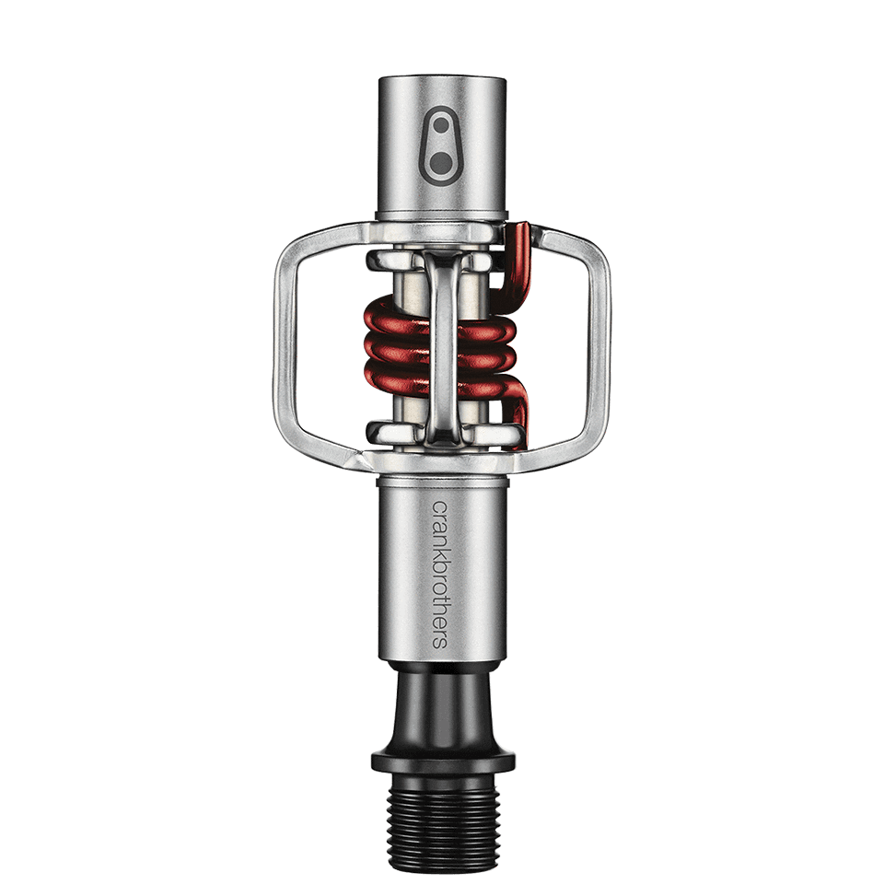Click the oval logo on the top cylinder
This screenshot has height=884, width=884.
(442, 146)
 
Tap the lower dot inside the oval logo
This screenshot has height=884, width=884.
(442, 163)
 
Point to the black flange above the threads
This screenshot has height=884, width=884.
(441, 761)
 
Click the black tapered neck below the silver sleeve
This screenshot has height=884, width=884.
(441, 709)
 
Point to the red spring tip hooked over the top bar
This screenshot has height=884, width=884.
(520, 241)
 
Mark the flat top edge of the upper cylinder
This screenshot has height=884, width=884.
(441, 80)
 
